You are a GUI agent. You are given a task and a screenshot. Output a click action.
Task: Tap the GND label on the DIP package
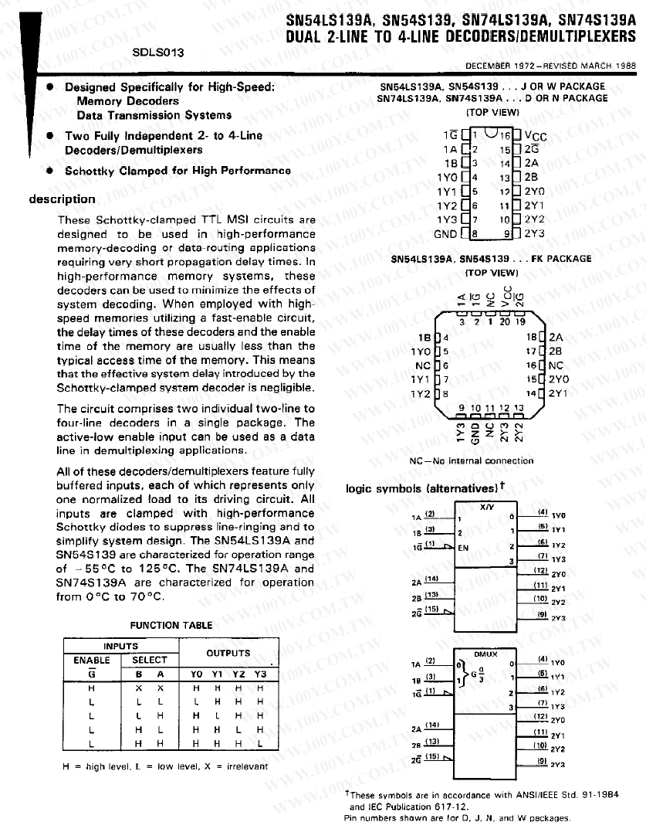point(445,233)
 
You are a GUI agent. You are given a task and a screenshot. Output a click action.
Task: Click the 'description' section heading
point(63,199)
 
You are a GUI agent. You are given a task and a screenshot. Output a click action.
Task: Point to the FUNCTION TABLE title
point(165,625)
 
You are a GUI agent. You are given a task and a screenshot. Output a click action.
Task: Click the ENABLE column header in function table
point(92,661)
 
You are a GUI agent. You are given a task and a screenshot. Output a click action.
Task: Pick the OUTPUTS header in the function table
point(228,653)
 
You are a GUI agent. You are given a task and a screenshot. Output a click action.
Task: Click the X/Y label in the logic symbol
point(486,507)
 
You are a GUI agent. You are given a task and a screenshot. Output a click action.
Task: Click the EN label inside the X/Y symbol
point(465,547)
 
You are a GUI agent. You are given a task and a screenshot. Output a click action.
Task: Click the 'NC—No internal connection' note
point(472,460)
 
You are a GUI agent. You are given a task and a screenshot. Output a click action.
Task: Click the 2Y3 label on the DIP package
point(534,233)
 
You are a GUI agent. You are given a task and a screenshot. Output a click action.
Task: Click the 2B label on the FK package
point(555,351)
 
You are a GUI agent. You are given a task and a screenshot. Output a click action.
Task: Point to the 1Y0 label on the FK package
point(421,351)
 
